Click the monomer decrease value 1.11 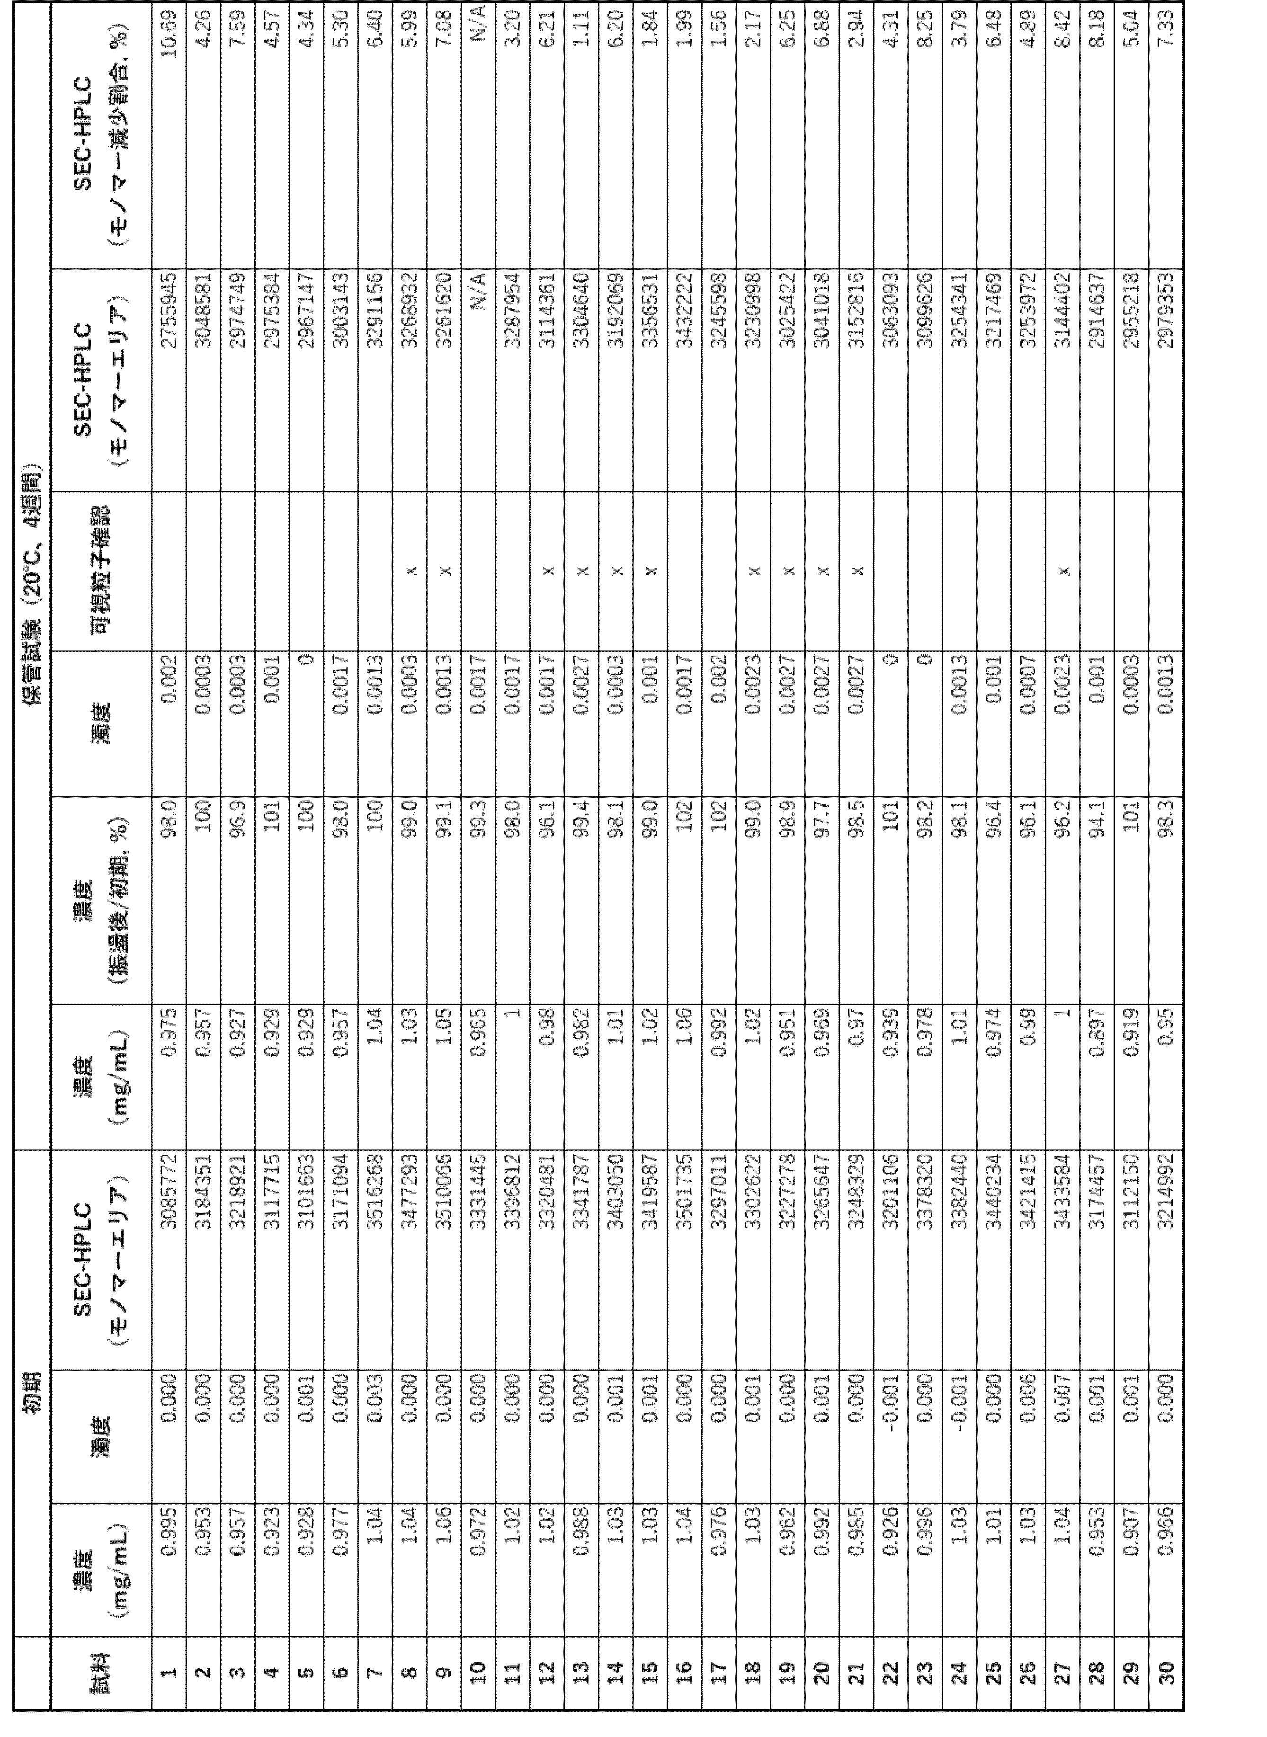point(581,31)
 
